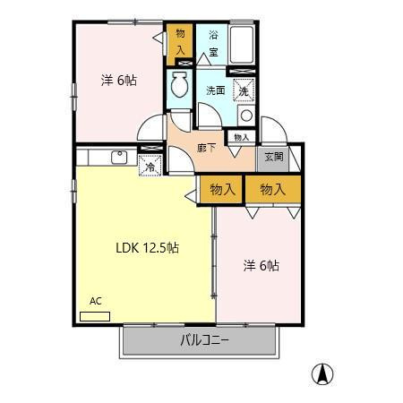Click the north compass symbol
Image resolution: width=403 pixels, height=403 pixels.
point(322,374)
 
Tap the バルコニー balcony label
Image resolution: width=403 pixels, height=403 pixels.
point(204,340)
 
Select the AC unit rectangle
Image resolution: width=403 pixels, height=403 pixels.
point(95,316)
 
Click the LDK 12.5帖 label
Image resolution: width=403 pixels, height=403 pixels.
point(147,248)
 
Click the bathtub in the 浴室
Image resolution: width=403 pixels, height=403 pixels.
point(242,44)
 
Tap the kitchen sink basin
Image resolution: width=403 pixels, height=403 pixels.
point(119,158)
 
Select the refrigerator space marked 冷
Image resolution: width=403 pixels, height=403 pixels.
point(150,165)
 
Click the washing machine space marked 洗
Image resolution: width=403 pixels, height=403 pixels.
point(244,90)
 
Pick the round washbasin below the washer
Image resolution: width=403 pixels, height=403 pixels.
point(246,116)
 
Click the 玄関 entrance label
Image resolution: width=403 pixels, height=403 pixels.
point(274,157)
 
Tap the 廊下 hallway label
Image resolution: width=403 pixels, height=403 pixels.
point(207,148)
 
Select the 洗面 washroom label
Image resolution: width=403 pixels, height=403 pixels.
point(216,90)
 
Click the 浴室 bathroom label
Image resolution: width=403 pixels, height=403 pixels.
point(213,44)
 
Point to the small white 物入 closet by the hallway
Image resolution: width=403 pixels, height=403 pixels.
point(242,137)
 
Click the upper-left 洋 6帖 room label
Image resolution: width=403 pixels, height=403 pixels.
point(119,81)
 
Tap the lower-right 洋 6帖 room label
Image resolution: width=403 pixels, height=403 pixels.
point(262,265)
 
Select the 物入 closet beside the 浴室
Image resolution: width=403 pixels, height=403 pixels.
point(180,44)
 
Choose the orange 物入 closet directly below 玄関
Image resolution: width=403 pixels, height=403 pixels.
point(273,189)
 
